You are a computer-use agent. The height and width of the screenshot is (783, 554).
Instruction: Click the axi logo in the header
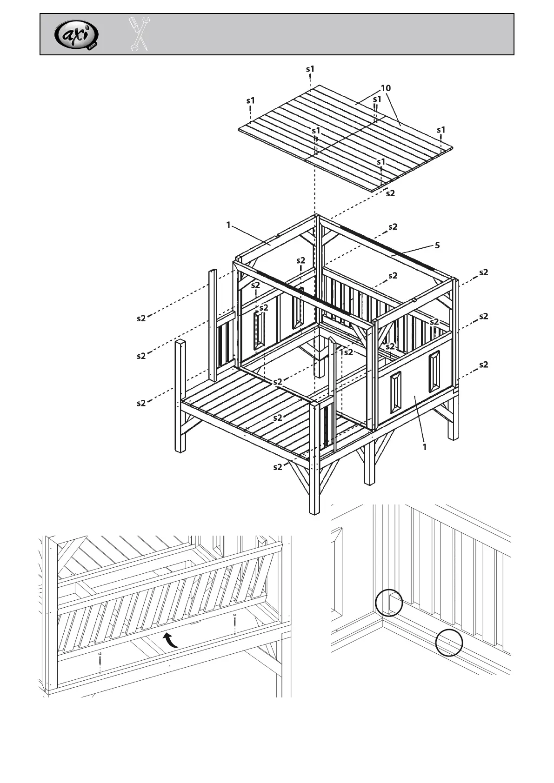pyautogui.click(x=76, y=35)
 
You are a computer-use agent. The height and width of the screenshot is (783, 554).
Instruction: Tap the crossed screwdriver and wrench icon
pyautogui.click(x=139, y=34)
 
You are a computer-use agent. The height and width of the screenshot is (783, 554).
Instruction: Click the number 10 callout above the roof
pyautogui.click(x=386, y=88)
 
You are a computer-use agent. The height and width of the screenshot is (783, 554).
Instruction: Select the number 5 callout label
pyautogui.click(x=437, y=245)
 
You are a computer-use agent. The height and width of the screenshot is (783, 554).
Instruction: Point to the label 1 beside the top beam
pyautogui.click(x=228, y=225)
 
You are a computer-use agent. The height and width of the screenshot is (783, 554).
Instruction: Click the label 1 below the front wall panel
pyautogui.click(x=424, y=447)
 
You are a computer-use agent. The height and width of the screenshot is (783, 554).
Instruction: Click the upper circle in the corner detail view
pyautogui.click(x=389, y=603)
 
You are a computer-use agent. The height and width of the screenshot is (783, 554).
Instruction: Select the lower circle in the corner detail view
pyautogui.click(x=449, y=642)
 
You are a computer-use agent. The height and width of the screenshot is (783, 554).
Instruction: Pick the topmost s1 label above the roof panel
pyautogui.click(x=310, y=69)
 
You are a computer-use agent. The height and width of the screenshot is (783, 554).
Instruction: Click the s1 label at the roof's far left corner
pyautogui.click(x=251, y=100)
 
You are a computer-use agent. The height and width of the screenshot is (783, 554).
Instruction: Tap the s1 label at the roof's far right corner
pyautogui.click(x=441, y=130)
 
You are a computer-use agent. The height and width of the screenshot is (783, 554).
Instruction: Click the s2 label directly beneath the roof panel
pyautogui.click(x=390, y=193)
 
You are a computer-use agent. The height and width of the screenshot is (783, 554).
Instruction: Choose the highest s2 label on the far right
pyautogui.click(x=484, y=272)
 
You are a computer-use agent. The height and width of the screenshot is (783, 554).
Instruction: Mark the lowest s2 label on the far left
pyautogui.click(x=141, y=403)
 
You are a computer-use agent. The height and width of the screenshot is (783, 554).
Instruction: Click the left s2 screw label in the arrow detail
pyautogui.click(x=100, y=653)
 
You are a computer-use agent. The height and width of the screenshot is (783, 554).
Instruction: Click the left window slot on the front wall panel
pyautogui.click(x=395, y=392)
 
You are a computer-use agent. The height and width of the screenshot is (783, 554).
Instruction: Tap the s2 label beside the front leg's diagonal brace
pyautogui.click(x=278, y=467)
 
